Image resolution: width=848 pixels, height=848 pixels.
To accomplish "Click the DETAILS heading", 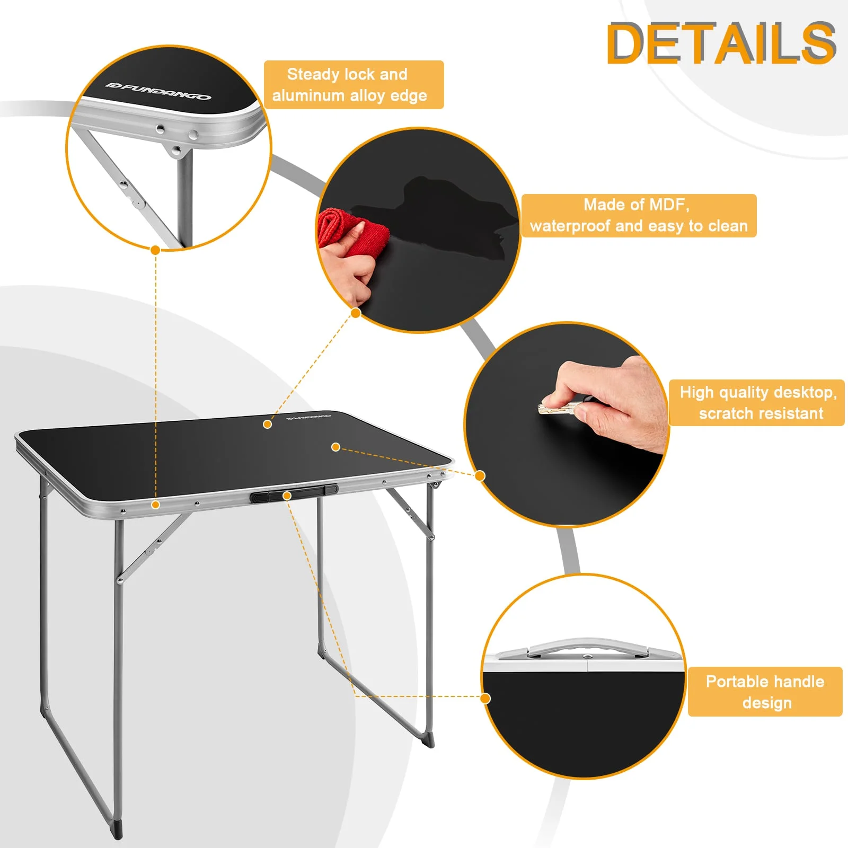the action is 721,43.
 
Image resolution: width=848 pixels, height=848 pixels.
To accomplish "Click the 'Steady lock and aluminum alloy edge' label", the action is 354,85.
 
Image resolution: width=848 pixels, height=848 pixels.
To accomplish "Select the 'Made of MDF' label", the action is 639,215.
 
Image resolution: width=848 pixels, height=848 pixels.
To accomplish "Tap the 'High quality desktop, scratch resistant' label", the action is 756,403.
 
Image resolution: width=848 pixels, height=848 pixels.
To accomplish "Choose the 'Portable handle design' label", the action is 765,692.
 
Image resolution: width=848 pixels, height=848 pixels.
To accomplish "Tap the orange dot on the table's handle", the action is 287,496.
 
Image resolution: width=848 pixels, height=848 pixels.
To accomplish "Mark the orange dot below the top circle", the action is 155,250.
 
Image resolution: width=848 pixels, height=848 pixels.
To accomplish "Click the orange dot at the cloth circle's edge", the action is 356,313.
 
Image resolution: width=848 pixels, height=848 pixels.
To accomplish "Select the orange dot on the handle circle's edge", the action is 485,698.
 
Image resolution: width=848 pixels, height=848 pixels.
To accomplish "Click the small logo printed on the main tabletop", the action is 308,418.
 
